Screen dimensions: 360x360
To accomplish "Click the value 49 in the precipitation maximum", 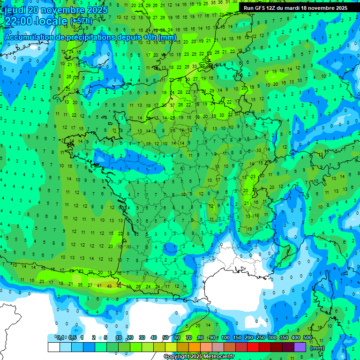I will [109, 285].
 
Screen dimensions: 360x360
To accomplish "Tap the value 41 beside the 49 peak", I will [99, 285].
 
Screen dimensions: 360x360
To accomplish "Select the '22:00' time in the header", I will [18, 21].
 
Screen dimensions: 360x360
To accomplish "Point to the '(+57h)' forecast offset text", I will [81, 22].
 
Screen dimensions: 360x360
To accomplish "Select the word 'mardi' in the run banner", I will [301, 8].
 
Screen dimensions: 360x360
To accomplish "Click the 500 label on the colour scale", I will [307, 337].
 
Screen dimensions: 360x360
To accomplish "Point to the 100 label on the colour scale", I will [225, 337].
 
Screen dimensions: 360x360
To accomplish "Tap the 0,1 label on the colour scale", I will [60, 337].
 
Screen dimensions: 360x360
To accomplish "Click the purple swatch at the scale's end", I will [300, 347].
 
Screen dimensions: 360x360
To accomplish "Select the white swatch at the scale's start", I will [53, 347].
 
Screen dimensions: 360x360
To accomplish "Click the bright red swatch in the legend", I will [253, 347].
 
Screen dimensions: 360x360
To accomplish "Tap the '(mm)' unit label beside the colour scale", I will [317, 348].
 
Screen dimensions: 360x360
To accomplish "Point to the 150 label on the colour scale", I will [237, 337].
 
